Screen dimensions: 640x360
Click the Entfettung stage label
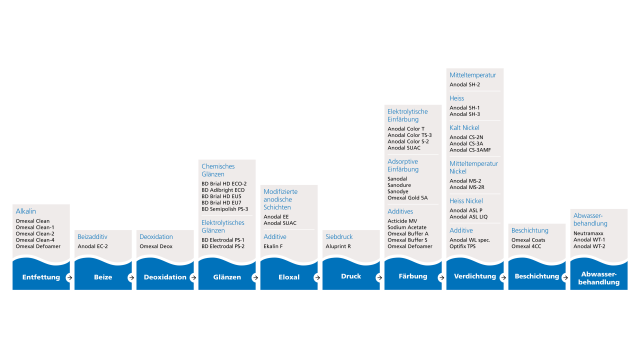pos(41,277)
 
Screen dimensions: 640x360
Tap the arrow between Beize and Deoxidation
pos(131,277)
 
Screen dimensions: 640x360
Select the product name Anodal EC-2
pos(92,246)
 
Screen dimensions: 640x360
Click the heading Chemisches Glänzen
pos(218,170)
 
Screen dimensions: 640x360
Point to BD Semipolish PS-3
pos(224,209)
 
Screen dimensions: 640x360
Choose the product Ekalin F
pos(273,246)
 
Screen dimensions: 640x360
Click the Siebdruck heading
pos(339,237)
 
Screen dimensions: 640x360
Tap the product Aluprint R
pos(338,246)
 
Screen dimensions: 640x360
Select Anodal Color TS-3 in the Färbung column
pos(409,135)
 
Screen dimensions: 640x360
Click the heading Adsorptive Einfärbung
pos(403,165)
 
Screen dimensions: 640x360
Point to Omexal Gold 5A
pos(407,197)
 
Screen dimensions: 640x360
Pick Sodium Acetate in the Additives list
pos(407,227)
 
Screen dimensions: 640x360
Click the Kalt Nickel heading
pos(464,127)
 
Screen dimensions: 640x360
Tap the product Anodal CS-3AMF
pos(470,150)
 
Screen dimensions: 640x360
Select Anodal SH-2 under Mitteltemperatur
pos(464,84)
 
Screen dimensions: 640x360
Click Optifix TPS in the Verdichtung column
pos(462,246)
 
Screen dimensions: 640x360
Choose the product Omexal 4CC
pos(526,246)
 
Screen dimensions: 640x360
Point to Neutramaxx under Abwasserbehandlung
pos(588,233)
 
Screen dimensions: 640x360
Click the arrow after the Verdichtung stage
pos(503,277)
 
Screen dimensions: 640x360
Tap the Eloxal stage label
pos(289,277)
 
